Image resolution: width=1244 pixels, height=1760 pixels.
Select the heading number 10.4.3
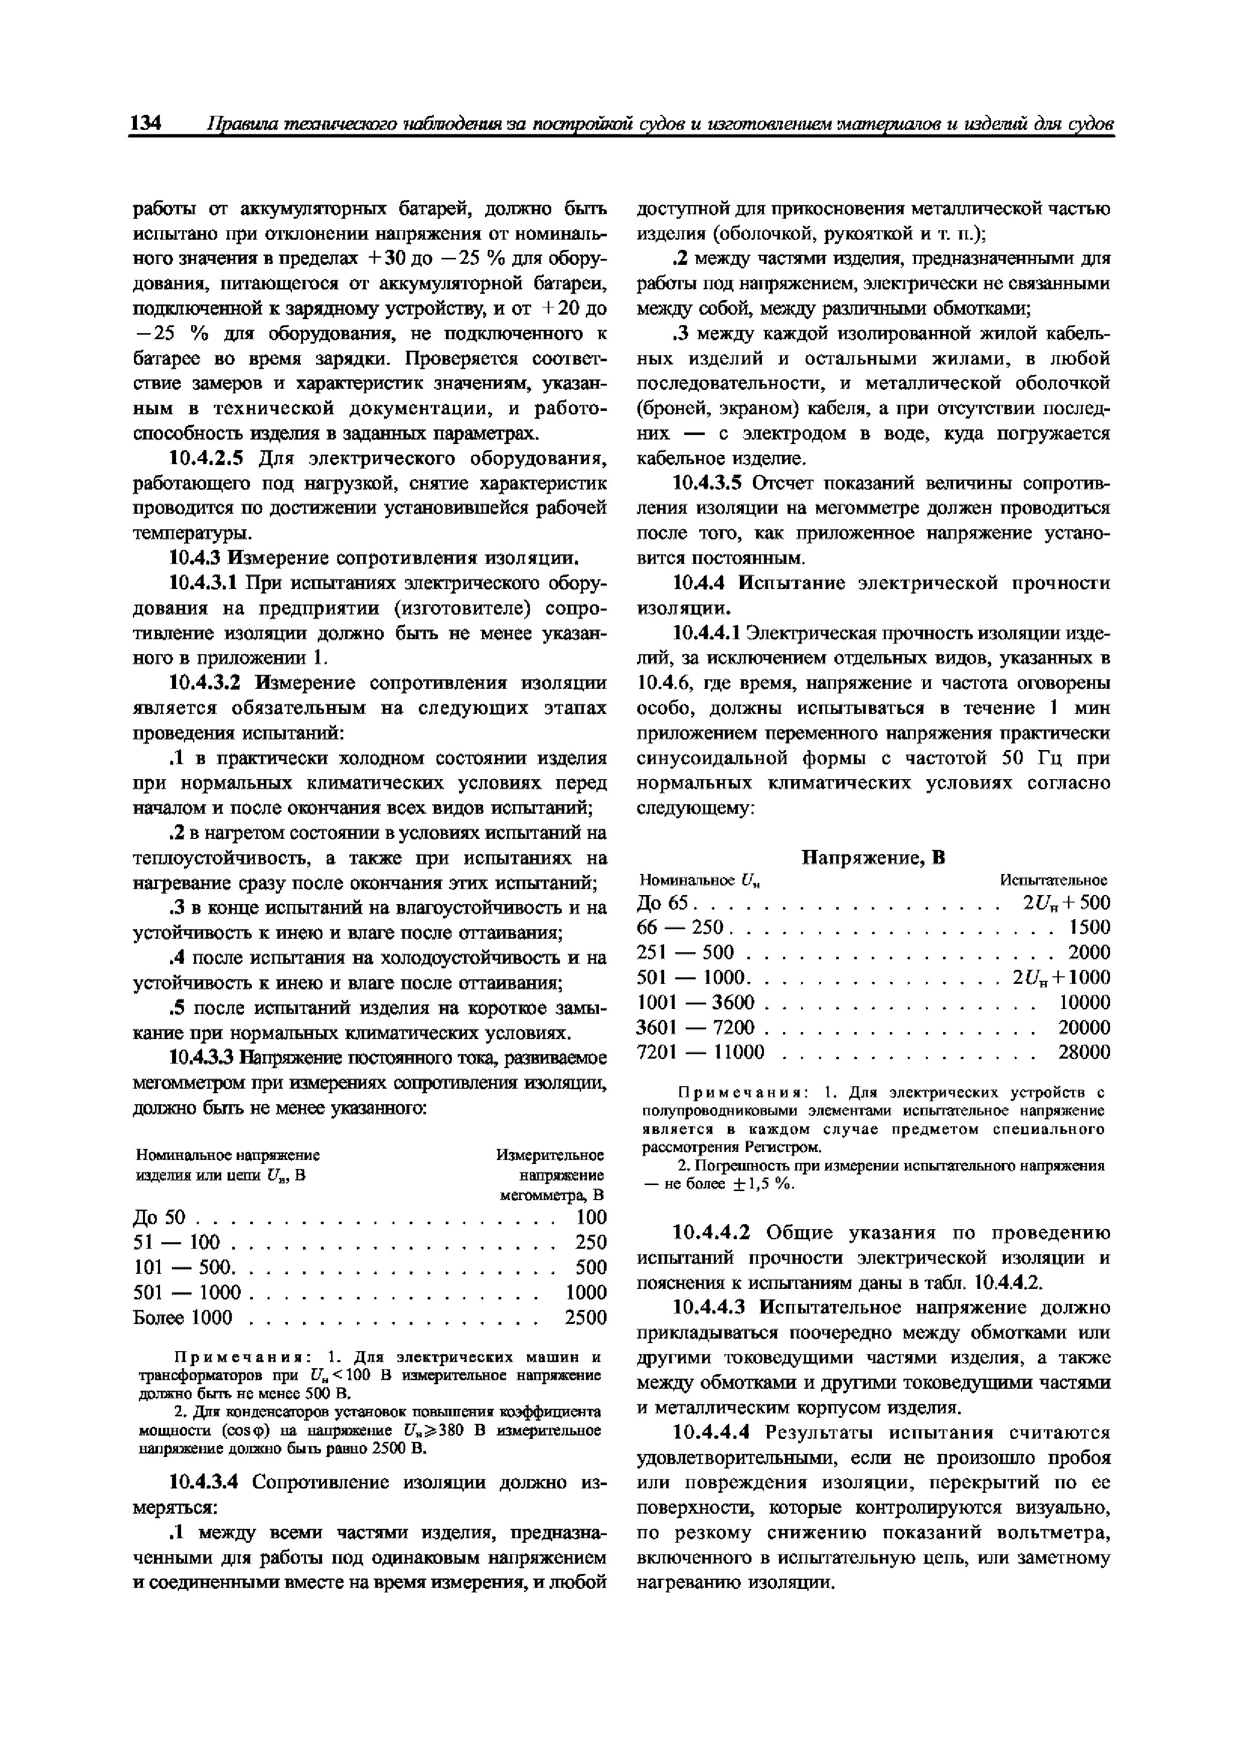pos(193,558)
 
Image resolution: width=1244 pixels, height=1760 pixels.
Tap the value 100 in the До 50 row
pos(591,1217)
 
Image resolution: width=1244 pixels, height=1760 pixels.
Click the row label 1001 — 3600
pos(696,1002)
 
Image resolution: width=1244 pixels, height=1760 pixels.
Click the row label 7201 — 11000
pos(701,1052)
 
